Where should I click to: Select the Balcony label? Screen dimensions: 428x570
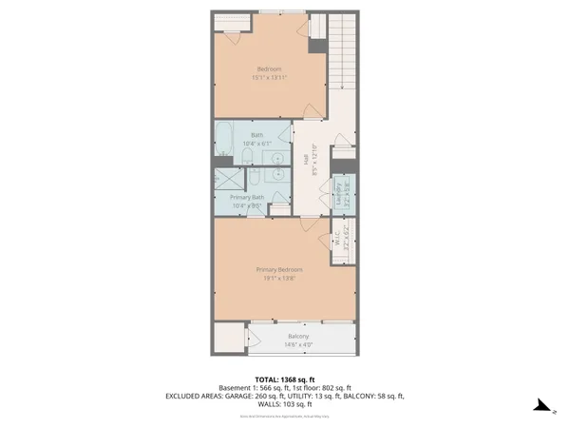point(299,337)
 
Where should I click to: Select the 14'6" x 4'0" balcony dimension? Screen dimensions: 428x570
point(299,345)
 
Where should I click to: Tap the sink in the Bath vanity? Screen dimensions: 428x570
point(278,158)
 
